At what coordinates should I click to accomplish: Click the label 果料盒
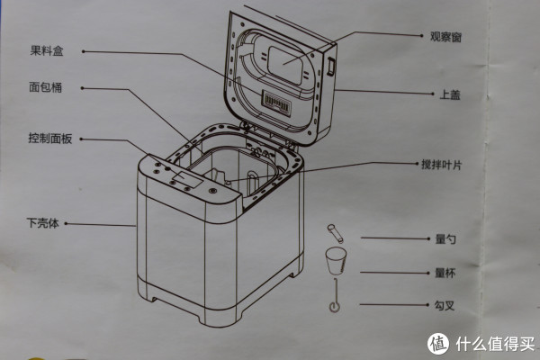[x=47, y=51]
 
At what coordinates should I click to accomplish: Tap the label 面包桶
[x=46, y=87]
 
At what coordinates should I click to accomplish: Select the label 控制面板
[x=49, y=139]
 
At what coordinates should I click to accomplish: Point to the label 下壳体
[x=42, y=223]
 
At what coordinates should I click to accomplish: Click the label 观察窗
[x=445, y=37]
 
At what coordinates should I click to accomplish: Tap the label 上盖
[x=450, y=94]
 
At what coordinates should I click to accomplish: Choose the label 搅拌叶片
[x=442, y=165]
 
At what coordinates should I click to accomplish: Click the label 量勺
[x=445, y=238]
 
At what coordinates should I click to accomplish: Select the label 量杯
[x=445, y=273]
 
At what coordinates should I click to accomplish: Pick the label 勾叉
[x=445, y=305]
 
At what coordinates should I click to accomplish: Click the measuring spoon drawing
[x=335, y=233]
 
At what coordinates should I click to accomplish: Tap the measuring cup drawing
[x=336, y=260]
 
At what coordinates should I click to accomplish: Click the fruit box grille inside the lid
[x=277, y=103]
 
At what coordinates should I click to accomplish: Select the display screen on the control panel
[x=186, y=179]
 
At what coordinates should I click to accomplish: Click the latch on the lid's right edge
[x=330, y=67]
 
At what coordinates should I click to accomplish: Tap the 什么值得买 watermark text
[x=494, y=343]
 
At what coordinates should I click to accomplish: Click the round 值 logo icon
[x=438, y=344]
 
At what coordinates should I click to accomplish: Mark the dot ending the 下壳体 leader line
[x=66, y=223]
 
